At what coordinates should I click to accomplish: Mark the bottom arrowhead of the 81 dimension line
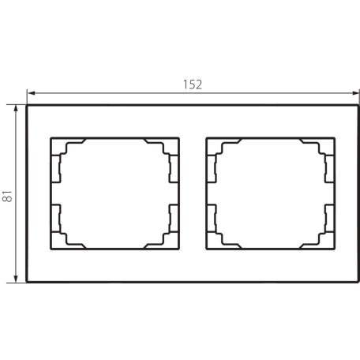(x=16, y=279)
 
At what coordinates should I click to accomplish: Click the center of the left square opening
(x=115, y=194)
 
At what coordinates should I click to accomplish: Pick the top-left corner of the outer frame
(x=28, y=105)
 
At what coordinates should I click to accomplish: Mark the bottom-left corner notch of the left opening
(x=60, y=241)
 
